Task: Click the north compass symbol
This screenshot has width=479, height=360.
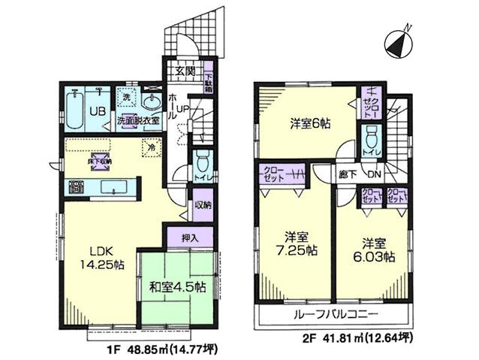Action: (398, 43)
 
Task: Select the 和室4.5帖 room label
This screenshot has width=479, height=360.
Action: (178, 286)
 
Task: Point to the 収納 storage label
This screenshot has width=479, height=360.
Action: (201, 204)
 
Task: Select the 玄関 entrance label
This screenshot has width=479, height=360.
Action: (185, 71)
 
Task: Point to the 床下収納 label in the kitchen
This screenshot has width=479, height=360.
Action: (100, 161)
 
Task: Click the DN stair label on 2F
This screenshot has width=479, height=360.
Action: (374, 175)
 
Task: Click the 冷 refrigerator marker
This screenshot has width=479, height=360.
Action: (152, 147)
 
